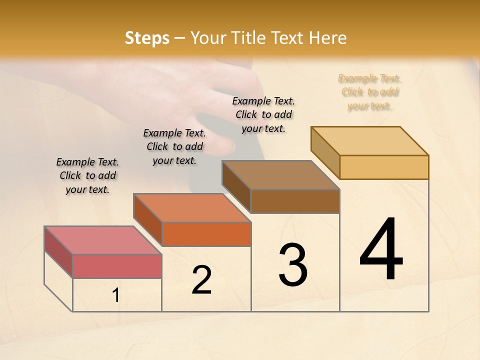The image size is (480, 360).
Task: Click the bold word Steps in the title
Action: (147, 38)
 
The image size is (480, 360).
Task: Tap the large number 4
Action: (381, 250)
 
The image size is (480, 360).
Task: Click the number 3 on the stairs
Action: (293, 265)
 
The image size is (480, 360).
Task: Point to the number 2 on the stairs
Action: (202, 280)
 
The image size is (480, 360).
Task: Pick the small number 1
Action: (116, 295)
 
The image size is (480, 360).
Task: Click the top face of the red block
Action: (102, 240)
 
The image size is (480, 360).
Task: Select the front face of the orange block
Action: (206, 234)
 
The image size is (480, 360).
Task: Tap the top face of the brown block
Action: (280, 175)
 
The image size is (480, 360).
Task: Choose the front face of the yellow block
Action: (384, 167)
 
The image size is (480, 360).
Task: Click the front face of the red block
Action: (117, 266)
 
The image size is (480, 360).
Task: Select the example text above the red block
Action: (87, 175)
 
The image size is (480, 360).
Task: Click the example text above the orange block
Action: (174, 146)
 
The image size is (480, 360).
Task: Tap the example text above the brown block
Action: (263, 114)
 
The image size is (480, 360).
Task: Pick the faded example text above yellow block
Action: (369, 92)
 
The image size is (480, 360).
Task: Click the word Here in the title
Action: (328, 38)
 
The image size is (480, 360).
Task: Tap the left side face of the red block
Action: (58, 251)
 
